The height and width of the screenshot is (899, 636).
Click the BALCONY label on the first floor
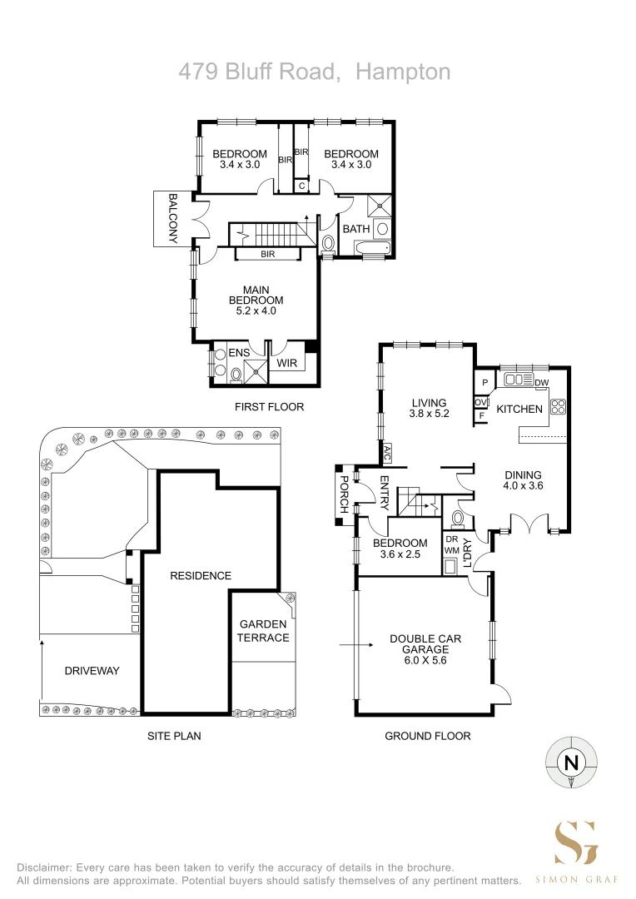coord(172,219)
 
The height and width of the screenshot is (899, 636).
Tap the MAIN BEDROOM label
coord(256,296)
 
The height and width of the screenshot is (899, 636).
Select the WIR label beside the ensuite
coord(286,363)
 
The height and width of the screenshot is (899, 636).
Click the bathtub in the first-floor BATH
coord(373,248)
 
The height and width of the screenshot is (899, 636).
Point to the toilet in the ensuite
coord(235,375)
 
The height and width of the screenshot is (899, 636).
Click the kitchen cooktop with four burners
coord(558,406)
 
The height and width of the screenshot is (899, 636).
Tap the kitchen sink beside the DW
coord(519,379)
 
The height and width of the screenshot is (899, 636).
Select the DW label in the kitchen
coord(541,382)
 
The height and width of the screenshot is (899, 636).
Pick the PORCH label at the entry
coord(344,494)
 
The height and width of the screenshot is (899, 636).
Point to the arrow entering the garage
coord(356,645)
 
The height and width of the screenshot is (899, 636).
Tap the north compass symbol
coord(571,762)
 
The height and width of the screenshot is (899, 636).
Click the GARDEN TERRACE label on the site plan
coord(263,631)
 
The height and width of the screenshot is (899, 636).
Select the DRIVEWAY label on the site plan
coord(92,670)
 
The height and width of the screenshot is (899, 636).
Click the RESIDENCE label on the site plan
coord(201,576)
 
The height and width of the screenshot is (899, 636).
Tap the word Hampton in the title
coord(403,72)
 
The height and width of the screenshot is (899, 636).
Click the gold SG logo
coord(576,842)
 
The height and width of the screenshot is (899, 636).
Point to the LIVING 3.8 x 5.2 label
coord(429,408)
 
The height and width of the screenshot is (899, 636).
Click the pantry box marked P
coord(484,382)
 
